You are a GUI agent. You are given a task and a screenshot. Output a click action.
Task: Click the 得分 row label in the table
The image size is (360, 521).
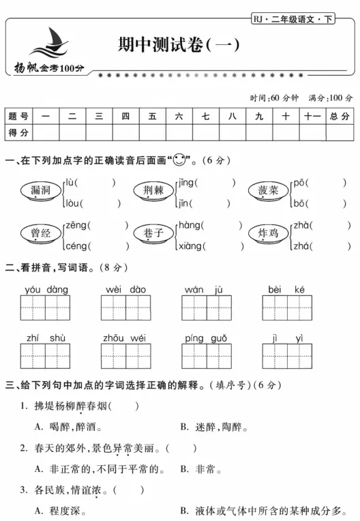tap(18, 132)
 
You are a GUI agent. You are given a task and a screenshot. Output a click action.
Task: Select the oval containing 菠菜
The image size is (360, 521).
tap(267, 191)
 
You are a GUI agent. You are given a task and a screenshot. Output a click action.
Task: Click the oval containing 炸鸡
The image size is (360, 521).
tap(268, 234)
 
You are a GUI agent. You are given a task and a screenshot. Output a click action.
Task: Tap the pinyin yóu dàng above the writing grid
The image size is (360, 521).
tap(46, 290)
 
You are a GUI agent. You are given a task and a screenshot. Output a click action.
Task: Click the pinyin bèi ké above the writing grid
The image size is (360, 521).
tap(287, 290)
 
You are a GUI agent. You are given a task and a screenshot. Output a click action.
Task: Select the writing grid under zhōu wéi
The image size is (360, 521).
tap(125, 356)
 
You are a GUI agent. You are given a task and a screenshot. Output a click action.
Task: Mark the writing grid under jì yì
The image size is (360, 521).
tap(287, 356)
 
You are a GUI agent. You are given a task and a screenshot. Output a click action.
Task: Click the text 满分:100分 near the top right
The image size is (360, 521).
tap(331, 98)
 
